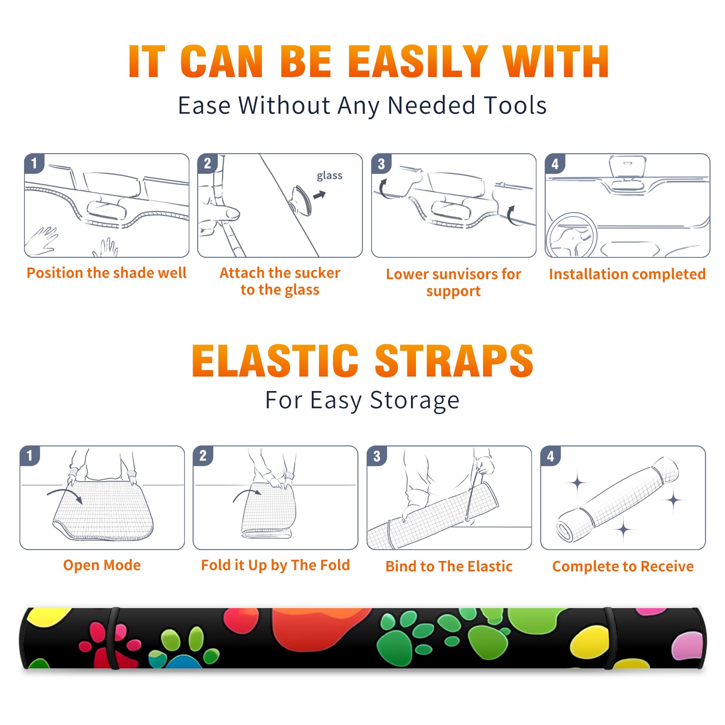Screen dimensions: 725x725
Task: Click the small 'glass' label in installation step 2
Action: point(329,176)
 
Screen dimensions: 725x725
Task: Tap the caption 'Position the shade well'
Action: point(106,273)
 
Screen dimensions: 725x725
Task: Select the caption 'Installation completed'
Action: point(627,274)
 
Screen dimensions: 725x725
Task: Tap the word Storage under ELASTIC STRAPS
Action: point(415,401)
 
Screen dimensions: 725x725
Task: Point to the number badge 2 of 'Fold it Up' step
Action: point(203,456)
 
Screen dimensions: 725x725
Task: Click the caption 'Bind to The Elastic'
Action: point(449,566)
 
